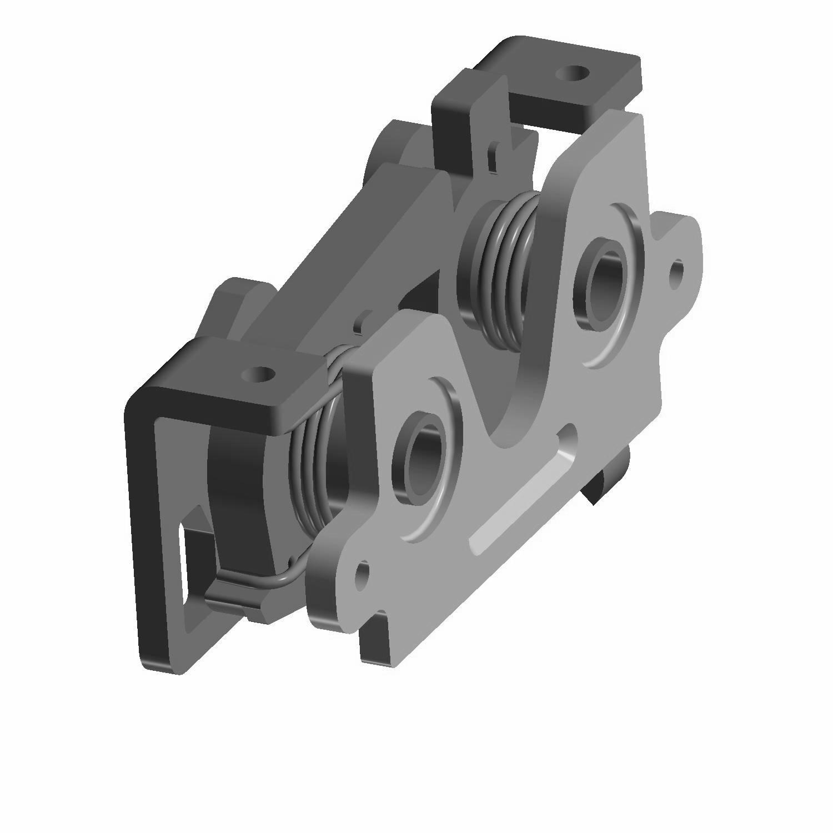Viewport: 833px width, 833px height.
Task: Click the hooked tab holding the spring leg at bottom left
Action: coord(233,603)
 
